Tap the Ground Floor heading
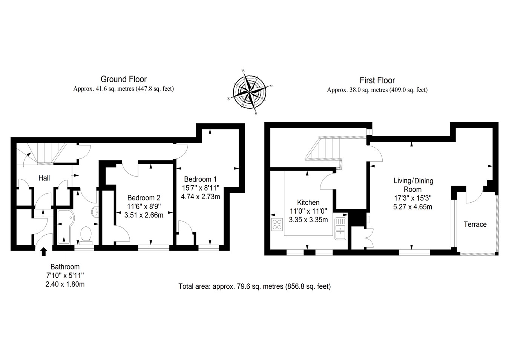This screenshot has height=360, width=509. [123, 79]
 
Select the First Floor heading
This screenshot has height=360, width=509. [377, 80]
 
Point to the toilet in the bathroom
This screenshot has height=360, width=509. [86, 234]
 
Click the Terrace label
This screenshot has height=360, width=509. [475, 225]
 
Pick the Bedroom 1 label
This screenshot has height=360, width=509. [200, 179]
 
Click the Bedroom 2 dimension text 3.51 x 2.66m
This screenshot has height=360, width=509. [144, 215]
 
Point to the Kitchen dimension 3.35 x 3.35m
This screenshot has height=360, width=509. [308, 220]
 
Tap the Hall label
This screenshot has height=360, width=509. [44, 178]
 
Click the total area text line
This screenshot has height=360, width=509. [255, 286]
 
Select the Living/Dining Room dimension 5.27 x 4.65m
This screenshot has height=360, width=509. [413, 206]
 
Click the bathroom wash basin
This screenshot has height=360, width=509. [95, 212]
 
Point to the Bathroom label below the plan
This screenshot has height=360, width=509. [65, 267]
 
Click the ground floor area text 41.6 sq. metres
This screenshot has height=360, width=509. [123, 89]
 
